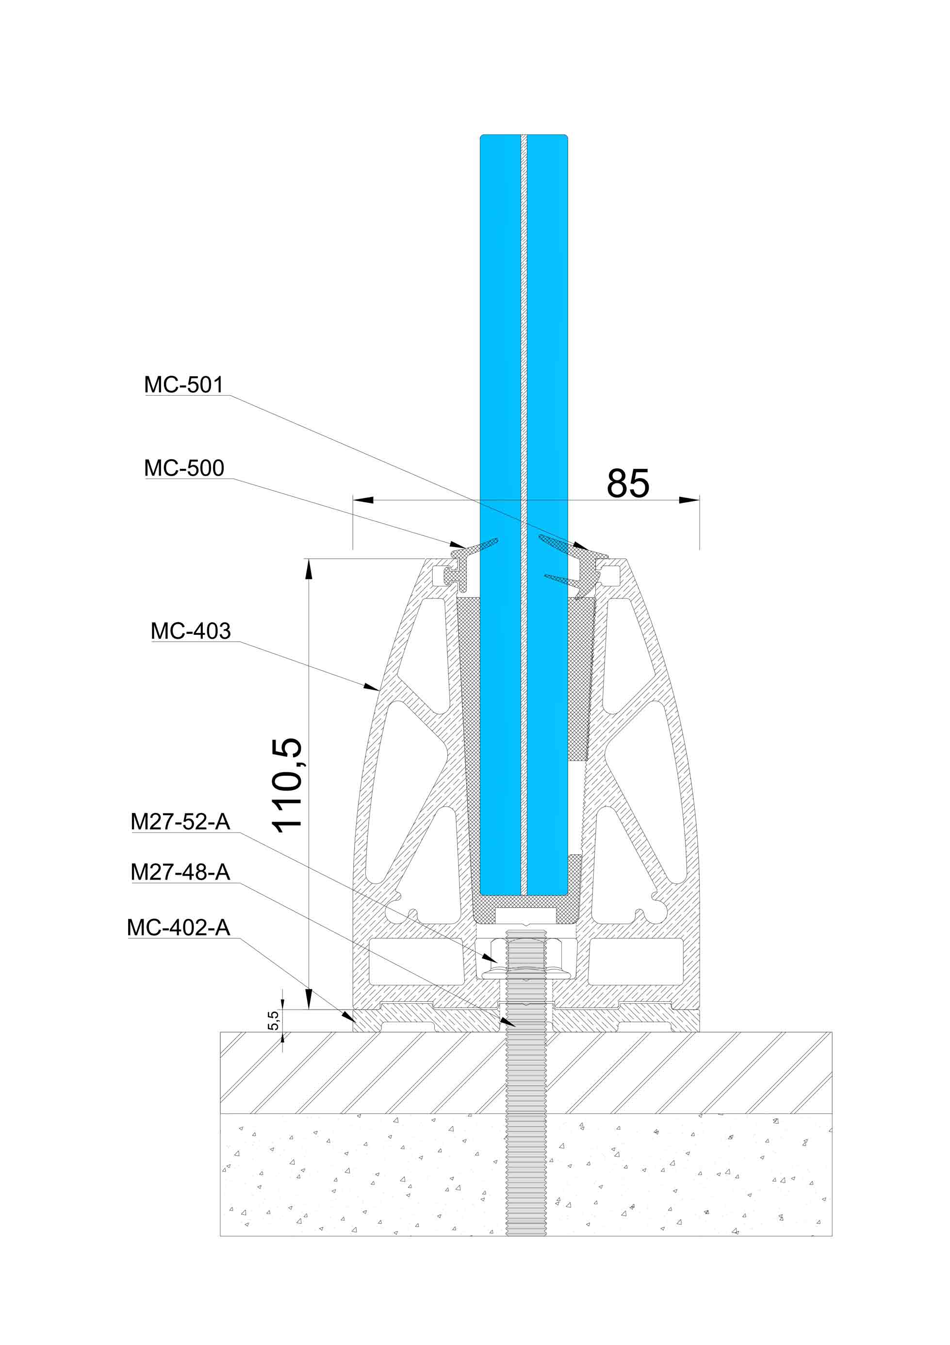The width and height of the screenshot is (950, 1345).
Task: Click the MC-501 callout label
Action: [x=184, y=385]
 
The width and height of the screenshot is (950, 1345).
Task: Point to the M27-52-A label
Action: [x=180, y=822]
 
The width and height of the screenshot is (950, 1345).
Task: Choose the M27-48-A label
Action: [x=180, y=872]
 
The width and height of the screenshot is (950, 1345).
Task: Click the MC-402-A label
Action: [x=178, y=927]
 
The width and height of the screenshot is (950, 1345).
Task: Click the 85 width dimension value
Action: [x=628, y=483]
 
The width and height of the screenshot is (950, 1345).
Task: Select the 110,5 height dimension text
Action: [x=287, y=785]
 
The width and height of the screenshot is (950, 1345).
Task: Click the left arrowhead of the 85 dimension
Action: [x=363, y=499]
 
